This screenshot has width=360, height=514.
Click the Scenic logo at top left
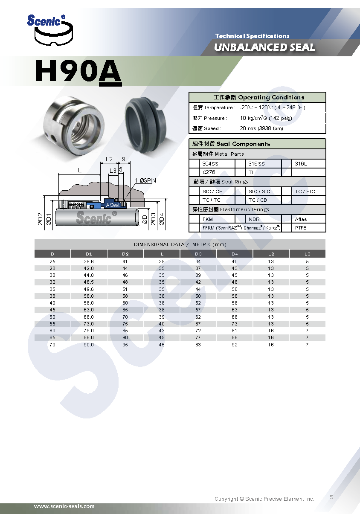50,30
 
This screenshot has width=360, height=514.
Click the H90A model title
78,72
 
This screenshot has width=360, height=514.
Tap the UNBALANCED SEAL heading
264,47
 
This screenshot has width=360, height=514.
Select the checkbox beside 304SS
194,164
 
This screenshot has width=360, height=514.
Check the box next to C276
194,172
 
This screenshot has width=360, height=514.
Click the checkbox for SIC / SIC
240,192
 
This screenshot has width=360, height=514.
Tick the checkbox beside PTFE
287,228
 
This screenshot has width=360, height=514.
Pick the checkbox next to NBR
240,219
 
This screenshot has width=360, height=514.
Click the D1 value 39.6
89,261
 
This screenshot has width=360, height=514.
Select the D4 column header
235,254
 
